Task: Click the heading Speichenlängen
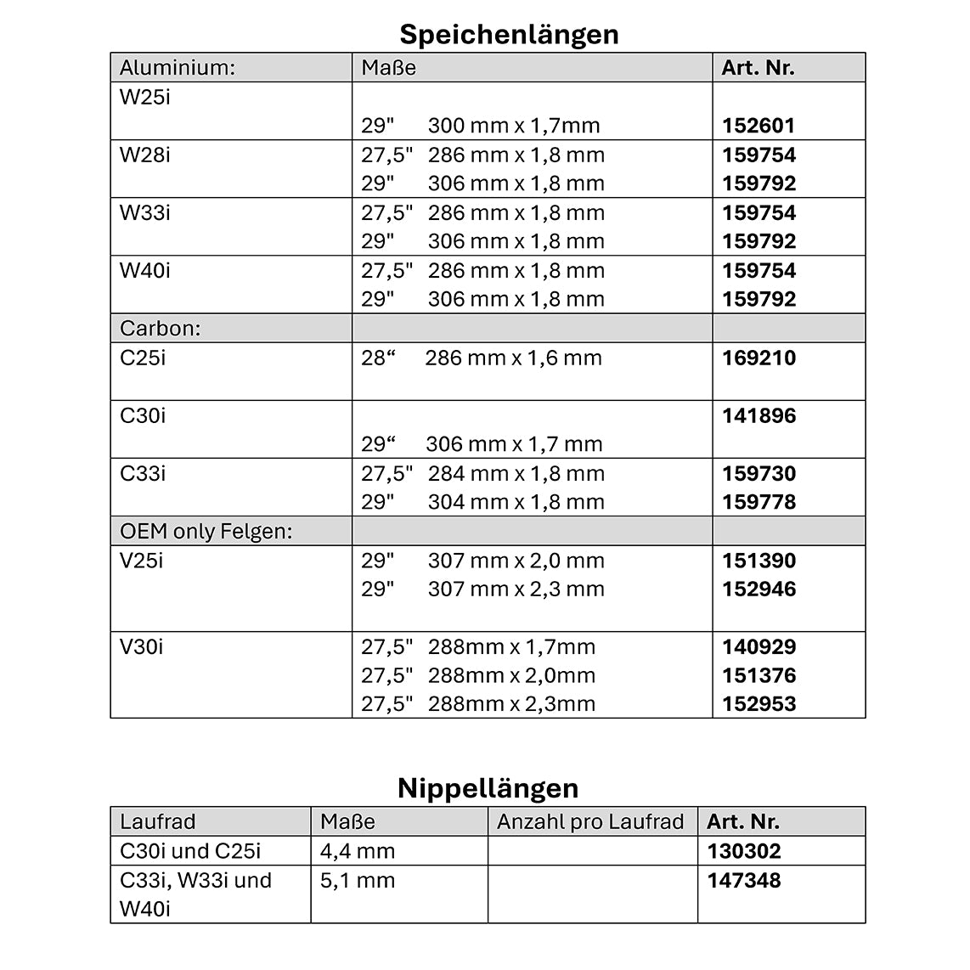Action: click(x=509, y=34)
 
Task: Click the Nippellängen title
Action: click(x=488, y=787)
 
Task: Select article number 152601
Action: click(x=759, y=126)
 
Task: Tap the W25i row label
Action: click(x=145, y=97)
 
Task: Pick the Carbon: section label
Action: click(x=161, y=329)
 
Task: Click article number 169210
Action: click(x=759, y=358)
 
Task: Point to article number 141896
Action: click(x=759, y=415)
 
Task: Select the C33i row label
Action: click(x=143, y=473)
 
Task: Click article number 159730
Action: click(x=759, y=473)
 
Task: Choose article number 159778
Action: click(x=759, y=502)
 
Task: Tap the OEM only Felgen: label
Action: click(x=206, y=532)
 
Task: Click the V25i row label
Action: click(x=142, y=561)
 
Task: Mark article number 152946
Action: click(x=759, y=589)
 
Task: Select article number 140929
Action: click(x=759, y=647)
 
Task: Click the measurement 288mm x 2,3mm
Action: click(x=511, y=704)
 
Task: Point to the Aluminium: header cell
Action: click(x=177, y=68)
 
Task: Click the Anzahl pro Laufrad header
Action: click(x=590, y=821)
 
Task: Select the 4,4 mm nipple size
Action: click(x=358, y=851)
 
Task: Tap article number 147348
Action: click(x=743, y=881)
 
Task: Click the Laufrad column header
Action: click(x=158, y=821)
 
